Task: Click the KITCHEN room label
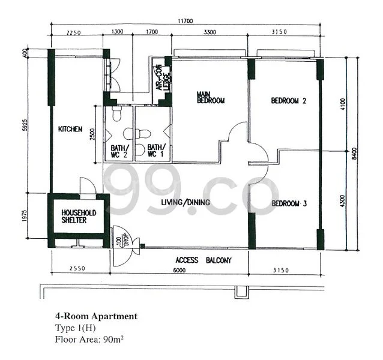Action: pyautogui.click(x=70, y=129)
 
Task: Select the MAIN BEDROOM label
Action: pyautogui.click(x=210, y=97)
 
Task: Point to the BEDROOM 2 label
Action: pyautogui.click(x=289, y=101)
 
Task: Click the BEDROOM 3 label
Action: pyautogui.click(x=289, y=204)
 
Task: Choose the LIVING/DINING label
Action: pyautogui.click(x=185, y=202)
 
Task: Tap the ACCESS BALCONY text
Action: pyautogui.click(x=203, y=260)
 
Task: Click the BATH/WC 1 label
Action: pyautogui.click(x=155, y=151)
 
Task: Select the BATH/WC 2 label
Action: pyautogui.click(x=119, y=151)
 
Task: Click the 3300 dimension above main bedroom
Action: pyautogui.click(x=210, y=32)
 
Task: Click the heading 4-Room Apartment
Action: pyautogui.click(x=96, y=316)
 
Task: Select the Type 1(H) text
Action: pyautogui.click(x=75, y=328)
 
